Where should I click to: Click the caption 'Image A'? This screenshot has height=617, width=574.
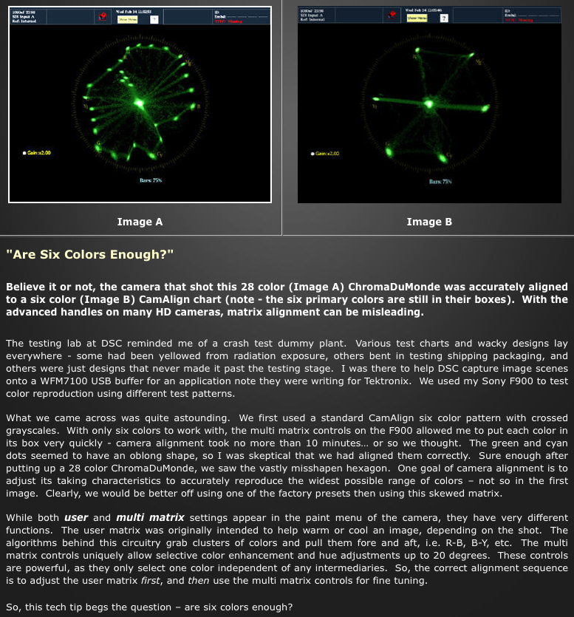click(x=140, y=222)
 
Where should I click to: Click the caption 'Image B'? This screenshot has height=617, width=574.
click(x=429, y=222)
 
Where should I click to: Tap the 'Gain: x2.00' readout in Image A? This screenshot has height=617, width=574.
click(x=41, y=152)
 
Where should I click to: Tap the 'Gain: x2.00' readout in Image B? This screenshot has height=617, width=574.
click(x=326, y=154)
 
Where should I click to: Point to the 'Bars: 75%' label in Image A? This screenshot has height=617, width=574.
click(x=151, y=180)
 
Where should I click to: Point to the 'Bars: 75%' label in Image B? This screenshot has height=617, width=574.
click(x=440, y=181)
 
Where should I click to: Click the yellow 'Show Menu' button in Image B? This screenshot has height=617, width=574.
click(x=417, y=18)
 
